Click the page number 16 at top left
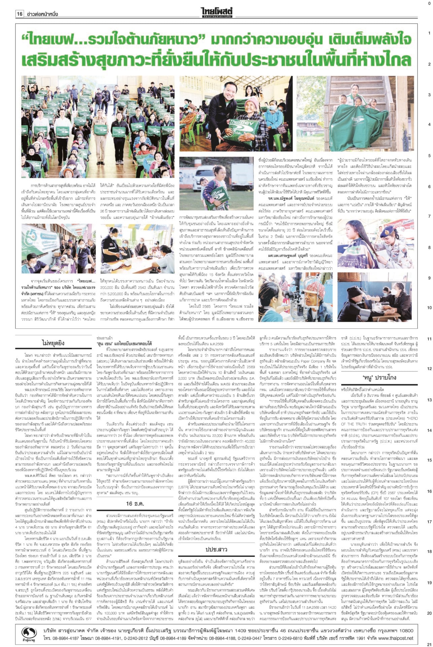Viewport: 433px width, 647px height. coord(20,14)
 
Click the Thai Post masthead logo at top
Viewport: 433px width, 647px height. coord(216,13)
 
